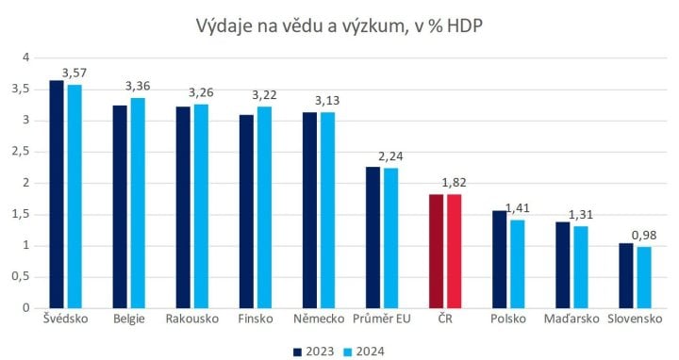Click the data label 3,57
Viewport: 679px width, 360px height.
75,73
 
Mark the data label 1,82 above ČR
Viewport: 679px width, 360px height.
455,183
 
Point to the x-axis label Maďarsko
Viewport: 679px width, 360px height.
569,319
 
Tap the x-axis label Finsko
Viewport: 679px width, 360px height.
255,319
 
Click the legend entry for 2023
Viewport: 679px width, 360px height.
310,351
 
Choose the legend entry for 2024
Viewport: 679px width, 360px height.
364,351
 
